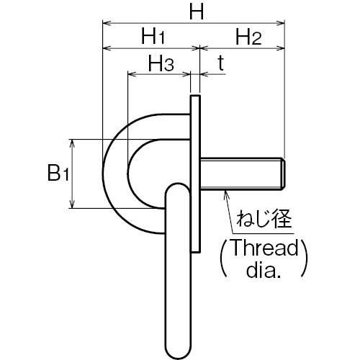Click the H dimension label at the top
(197, 12)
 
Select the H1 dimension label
(153, 36)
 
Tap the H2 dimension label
(248, 37)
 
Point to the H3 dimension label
(161, 63)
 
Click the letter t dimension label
(221, 63)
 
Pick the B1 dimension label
(58, 173)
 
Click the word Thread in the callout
(264, 247)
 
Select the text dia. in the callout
(264, 270)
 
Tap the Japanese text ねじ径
(264, 219)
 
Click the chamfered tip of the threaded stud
(283, 174)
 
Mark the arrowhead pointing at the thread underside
(225, 194)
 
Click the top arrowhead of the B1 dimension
(72, 143)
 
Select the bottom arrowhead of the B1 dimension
(72, 204)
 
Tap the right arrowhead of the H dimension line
(280, 23)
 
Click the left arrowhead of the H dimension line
(107, 23)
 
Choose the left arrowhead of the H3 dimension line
(132, 74)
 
